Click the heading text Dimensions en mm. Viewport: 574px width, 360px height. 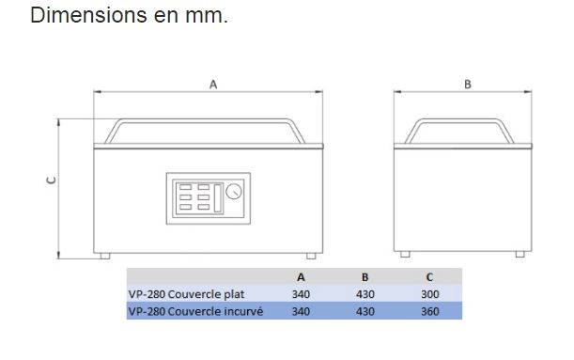pos(129,15)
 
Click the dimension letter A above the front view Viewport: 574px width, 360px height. pos(213,85)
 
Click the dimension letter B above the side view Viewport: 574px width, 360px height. pos(468,85)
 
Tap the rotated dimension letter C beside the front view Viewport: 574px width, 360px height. pos(52,180)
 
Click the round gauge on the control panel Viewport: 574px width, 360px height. pos(234,192)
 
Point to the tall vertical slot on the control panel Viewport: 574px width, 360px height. pos(218,198)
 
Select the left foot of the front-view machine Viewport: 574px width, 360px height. pos(105,256)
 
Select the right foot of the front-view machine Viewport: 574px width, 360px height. pos(311,256)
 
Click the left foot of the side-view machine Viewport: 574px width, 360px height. pos(405,254)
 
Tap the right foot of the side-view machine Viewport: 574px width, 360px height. pos(520,254)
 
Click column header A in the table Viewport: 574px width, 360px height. pos(301,277)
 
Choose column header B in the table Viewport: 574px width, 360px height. pos(365,277)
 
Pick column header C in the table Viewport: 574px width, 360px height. pos(429,277)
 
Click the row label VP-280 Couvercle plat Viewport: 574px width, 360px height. pos(186,294)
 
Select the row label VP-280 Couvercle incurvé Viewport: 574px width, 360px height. pos(195,311)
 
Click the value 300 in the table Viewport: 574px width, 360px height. pos(429,294)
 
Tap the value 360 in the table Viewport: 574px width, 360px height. pos(429,311)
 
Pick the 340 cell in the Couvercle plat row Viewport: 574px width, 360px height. pos(301,294)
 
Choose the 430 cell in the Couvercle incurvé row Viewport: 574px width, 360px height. pos(365,311)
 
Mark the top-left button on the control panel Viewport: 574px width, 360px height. pos(186,187)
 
